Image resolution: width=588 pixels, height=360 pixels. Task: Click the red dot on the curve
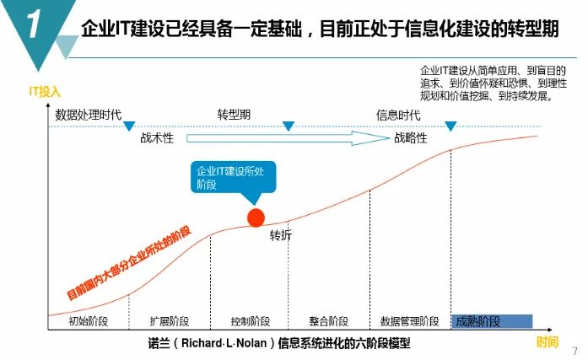[x=256, y=218]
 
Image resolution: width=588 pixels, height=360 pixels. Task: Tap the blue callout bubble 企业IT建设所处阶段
[x=233, y=178]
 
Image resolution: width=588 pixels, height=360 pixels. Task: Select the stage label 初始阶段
[x=89, y=321]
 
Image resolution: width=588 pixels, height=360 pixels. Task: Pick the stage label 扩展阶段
[x=170, y=321]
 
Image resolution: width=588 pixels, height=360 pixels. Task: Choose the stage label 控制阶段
[x=251, y=321]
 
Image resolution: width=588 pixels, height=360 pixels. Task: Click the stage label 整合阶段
[x=329, y=321]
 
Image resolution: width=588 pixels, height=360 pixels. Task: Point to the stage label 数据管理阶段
[x=409, y=321]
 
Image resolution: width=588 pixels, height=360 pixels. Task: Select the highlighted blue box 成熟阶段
[x=492, y=321]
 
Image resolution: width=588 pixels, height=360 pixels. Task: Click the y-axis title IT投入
[x=45, y=91]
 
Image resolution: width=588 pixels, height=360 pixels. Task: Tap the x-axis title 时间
[x=548, y=341]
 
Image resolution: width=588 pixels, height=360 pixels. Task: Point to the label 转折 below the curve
[x=281, y=235]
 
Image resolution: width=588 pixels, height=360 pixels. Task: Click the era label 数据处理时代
[x=89, y=115]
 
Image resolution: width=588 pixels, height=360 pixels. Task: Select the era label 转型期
[x=234, y=115]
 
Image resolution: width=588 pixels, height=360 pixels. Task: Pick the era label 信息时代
[x=398, y=115]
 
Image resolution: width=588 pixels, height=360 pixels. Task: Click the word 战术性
[x=157, y=138]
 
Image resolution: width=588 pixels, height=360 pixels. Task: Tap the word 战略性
[x=411, y=138]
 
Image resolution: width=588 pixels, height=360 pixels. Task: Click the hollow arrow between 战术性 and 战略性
[x=288, y=138]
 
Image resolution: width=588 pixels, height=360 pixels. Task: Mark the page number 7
[x=575, y=351]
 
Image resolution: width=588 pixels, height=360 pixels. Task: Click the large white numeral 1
[x=34, y=24]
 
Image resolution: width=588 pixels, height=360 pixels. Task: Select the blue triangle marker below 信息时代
[x=450, y=126]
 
